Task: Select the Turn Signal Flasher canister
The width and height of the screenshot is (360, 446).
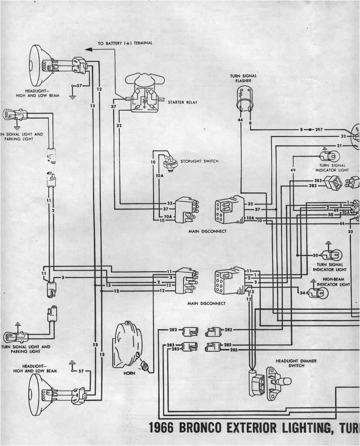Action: pyautogui.click(x=244, y=98)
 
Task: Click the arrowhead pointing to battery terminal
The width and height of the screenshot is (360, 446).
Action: pyautogui.click(x=88, y=49)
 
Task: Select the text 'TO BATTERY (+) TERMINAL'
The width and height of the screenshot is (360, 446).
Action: pyautogui.click(x=125, y=43)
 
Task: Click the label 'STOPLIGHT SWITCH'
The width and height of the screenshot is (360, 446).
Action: pyautogui.click(x=199, y=162)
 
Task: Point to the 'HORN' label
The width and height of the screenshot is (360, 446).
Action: pyautogui.click(x=129, y=373)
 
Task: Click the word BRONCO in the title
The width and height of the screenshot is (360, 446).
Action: pyautogui.click(x=203, y=428)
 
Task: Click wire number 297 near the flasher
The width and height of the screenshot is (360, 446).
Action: pyautogui.click(x=319, y=130)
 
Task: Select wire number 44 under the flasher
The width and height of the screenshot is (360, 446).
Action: pyautogui.click(x=240, y=120)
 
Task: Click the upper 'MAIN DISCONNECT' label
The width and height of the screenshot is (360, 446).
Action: pyautogui.click(x=207, y=231)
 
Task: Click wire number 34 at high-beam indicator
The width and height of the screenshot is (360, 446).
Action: pyautogui.click(x=303, y=293)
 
